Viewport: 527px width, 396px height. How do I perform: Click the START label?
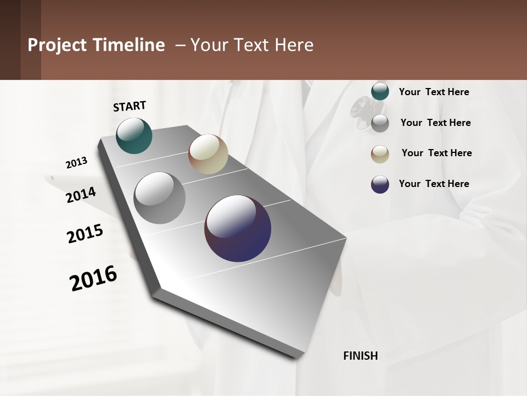coord(130,106)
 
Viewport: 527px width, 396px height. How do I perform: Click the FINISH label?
coord(361,356)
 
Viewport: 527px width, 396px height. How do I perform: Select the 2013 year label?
coord(77,163)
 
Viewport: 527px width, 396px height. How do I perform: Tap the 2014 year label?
coord(81,195)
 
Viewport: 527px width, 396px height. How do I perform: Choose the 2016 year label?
coord(93,278)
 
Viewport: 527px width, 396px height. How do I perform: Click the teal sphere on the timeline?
coord(134,135)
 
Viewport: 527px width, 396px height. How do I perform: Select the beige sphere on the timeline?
coord(208,154)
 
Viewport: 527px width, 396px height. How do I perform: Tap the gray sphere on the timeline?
coord(160,198)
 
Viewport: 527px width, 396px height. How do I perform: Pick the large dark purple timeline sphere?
coord(238,228)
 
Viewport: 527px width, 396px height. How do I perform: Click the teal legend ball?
coord(380,91)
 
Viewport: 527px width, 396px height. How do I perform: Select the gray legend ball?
coord(380,123)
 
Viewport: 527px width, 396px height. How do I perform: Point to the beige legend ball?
coord(380,154)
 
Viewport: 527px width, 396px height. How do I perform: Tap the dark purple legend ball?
coord(380,184)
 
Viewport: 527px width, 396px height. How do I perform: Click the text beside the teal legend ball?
coord(434,92)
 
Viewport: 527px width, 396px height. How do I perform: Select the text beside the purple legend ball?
coord(434,184)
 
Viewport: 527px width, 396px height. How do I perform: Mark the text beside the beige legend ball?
coord(436,153)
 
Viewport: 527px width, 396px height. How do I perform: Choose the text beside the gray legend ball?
coord(435,123)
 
